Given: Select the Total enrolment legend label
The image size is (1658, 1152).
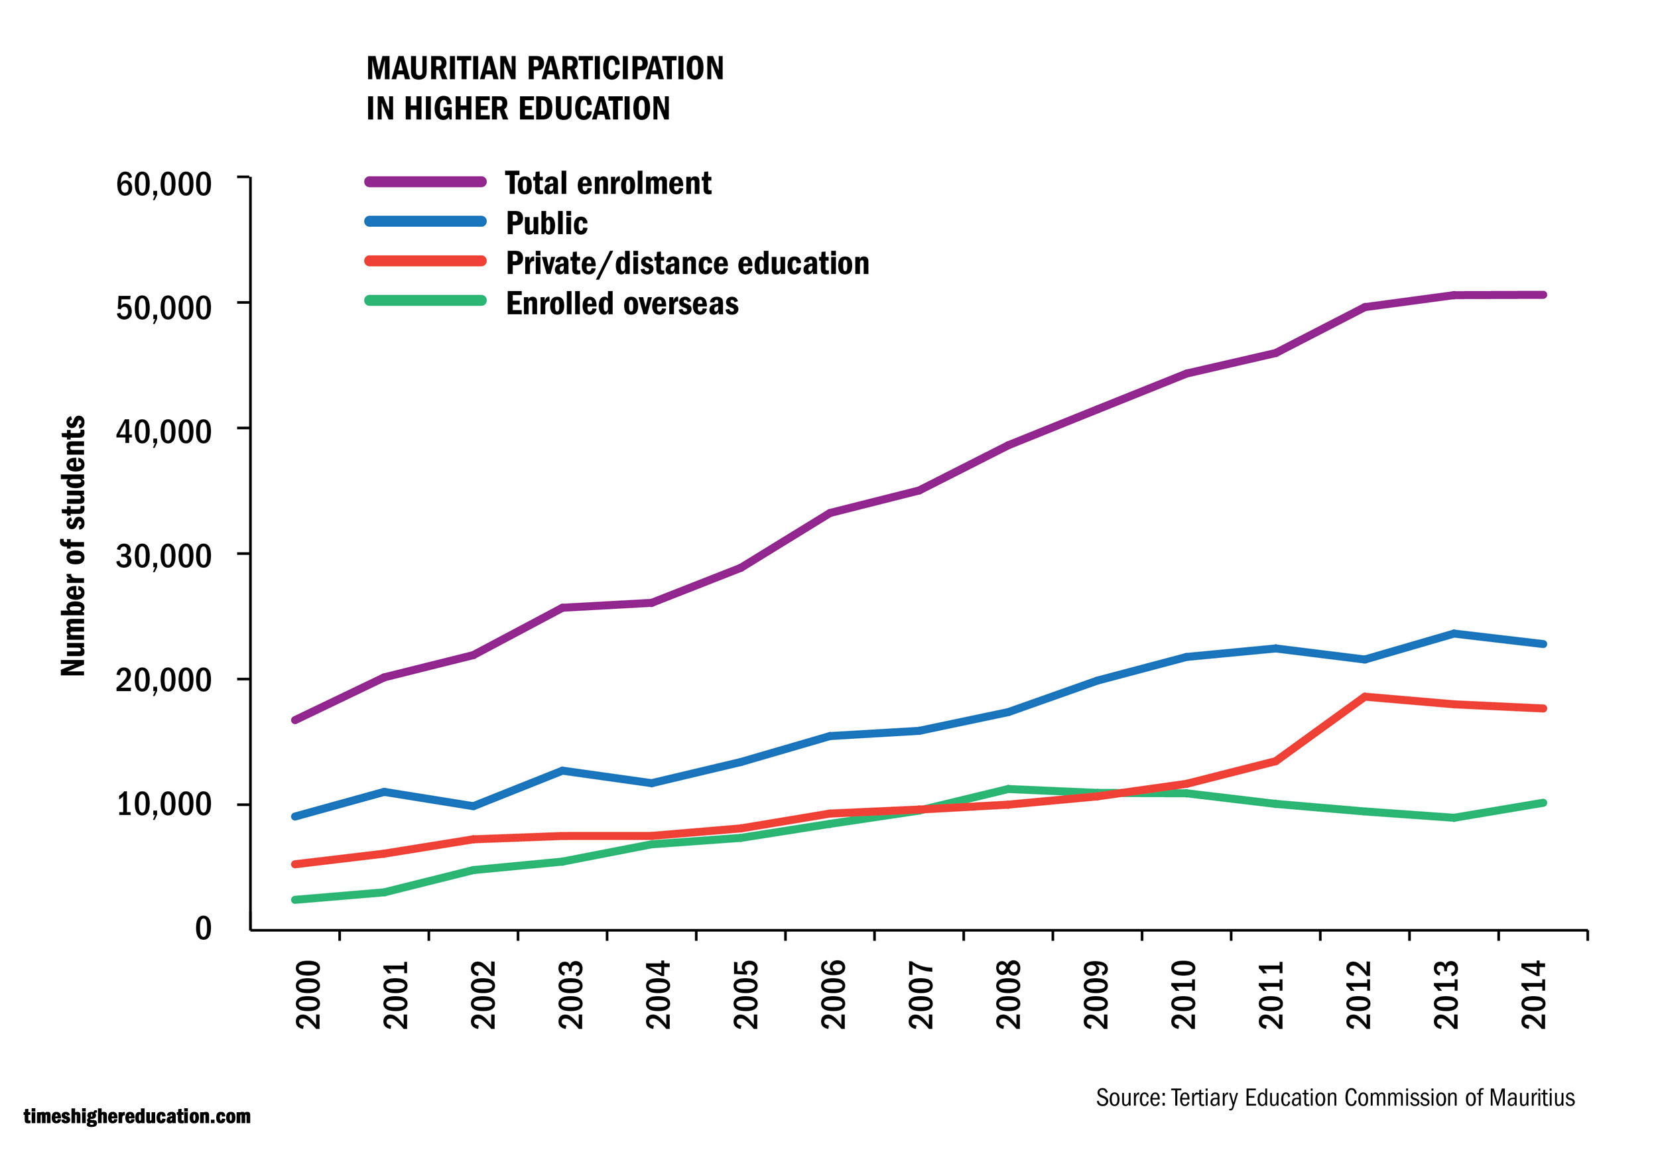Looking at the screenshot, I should point(607,183).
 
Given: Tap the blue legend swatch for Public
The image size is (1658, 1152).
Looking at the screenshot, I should point(425,222).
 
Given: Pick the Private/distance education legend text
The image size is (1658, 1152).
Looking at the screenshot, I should point(687,263).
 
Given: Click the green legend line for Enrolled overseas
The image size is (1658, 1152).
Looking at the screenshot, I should point(425,300).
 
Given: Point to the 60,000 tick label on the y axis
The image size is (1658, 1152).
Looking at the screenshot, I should point(164,184).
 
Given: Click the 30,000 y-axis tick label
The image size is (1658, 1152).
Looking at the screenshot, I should point(164,556).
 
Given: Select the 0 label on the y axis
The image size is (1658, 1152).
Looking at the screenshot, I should point(204,928).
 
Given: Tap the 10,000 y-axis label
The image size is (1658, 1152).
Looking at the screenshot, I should point(164,803).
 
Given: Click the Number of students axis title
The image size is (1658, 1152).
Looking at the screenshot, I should point(73,546).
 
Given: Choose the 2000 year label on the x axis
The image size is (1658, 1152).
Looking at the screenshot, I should point(309,994).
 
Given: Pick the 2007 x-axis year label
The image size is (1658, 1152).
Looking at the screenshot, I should point(922,994).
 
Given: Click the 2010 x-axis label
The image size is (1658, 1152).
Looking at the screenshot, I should point(1184,994).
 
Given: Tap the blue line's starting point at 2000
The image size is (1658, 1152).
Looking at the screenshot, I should point(295,816).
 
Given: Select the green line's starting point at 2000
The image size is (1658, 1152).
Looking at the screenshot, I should point(295,899).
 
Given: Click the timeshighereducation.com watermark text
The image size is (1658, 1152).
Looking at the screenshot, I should point(137,1116).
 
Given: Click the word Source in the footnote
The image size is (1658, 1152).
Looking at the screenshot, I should point(1129,1098).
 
